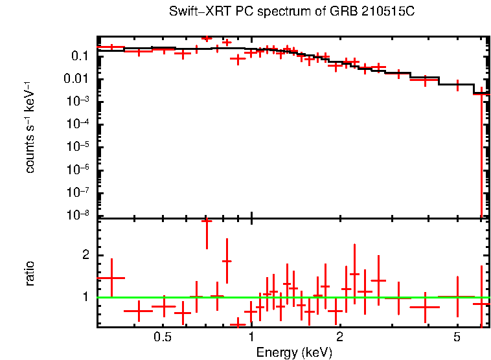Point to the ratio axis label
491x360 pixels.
[30, 273]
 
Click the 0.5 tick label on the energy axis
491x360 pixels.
[163, 338]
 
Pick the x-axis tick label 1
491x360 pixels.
[251, 338]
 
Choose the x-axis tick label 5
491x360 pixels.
[457, 338]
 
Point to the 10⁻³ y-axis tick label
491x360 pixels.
[78, 102]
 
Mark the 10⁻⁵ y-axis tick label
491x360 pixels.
[78, 147]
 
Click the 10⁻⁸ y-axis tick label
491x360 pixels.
[78, 215]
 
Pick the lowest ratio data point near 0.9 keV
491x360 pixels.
[238, 322]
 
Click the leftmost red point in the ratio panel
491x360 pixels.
[111, 278]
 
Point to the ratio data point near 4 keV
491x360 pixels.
[425, 307]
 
